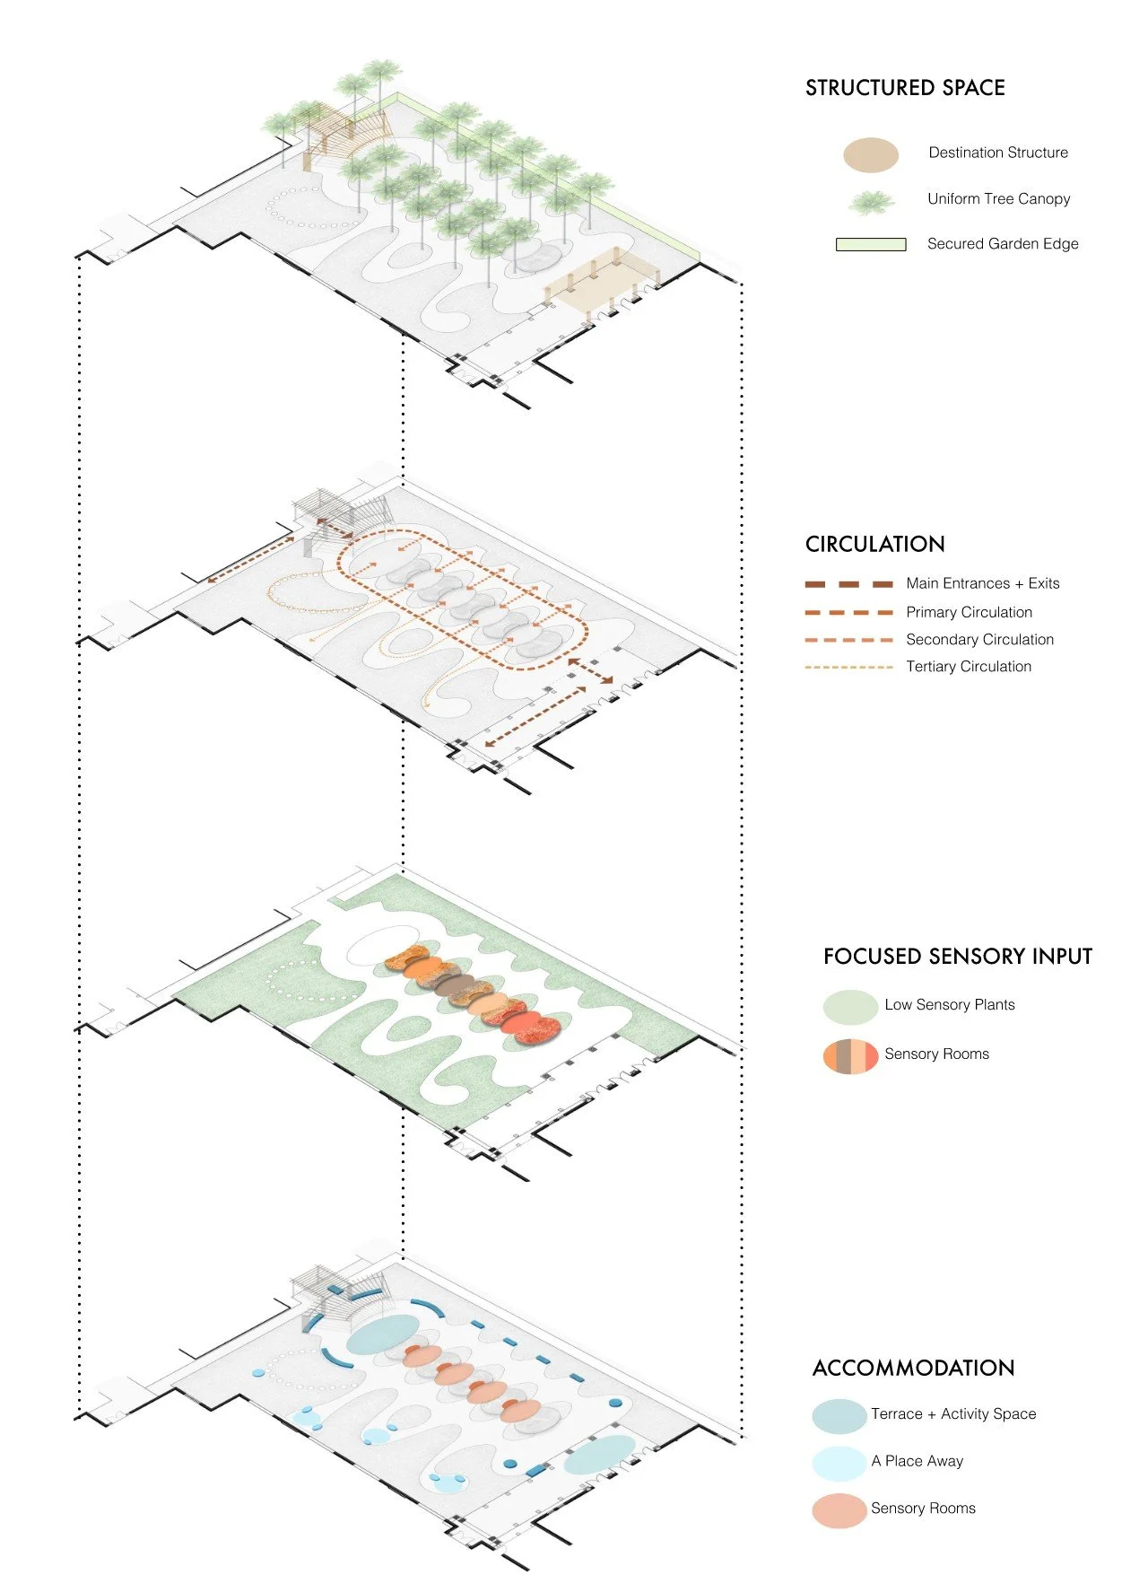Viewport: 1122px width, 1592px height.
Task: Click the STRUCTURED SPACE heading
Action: click(x=904, y=88)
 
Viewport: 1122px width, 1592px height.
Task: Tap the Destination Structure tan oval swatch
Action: click(x=870, y=155)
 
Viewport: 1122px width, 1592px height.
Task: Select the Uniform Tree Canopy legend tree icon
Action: click(x=871, y=202)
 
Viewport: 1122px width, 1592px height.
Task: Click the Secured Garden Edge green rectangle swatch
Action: click(x=870, y=244)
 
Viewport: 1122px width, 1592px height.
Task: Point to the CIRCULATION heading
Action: click(x=874, y=545)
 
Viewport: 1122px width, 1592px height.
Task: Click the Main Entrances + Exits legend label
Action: click(x=982, y=583)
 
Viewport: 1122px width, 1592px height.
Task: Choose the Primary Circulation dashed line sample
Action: click(x=848, y=613)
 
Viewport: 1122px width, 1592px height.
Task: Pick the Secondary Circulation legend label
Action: click(x=979, y=640)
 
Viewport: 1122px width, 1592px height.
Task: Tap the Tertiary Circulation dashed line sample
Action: click(x=848, y=667)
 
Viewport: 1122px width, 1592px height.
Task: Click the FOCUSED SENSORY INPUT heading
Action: click(x=957, y=957)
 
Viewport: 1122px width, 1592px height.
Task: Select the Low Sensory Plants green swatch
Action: click(x=849, y=1007)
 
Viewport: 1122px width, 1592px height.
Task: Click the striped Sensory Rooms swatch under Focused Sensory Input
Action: click(x=849, y=1056)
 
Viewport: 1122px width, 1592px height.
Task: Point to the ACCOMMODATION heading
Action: click(x=913, y=1369)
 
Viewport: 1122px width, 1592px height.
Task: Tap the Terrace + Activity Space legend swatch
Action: click(x=839, y=1416)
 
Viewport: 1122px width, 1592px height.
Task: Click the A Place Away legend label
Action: click(x=917, y=1462)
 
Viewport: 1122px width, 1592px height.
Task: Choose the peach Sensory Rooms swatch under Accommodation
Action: click(x=839, y=1510)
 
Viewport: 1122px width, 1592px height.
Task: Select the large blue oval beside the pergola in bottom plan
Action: click(x=383, y=1334)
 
